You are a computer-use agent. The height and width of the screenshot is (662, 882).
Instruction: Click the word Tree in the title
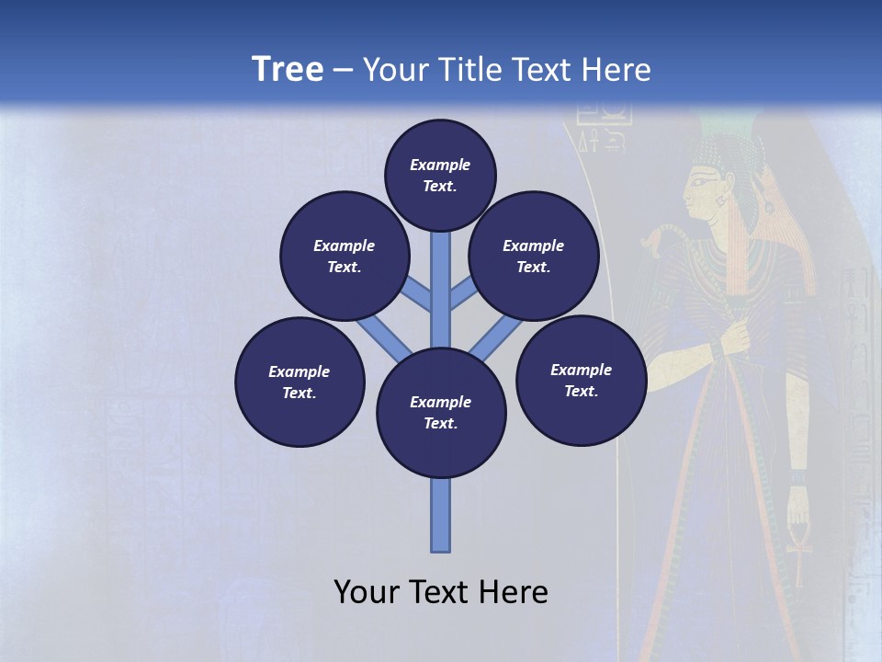tap(288, 70)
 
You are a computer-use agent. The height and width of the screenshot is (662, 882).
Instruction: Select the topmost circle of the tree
tap(440, 175)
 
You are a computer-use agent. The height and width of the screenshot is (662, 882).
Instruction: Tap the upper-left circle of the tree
tap(344, 256)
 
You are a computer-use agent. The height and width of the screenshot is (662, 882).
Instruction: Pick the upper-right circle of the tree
tap(533, 256)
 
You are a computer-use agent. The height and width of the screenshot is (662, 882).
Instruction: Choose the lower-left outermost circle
tap(300, 382)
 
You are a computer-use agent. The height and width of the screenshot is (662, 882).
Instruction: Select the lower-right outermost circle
tap(581, 380)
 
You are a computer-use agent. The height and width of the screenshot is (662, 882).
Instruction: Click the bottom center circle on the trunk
tap(441, 413)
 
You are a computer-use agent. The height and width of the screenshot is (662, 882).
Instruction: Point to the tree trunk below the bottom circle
tap(441, 515)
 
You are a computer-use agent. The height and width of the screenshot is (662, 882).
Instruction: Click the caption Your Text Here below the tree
tap(440, 591)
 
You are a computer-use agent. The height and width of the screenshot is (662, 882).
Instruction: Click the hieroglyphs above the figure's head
tap(604, 128)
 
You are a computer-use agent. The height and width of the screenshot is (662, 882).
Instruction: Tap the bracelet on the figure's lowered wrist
tap(797, 478)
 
